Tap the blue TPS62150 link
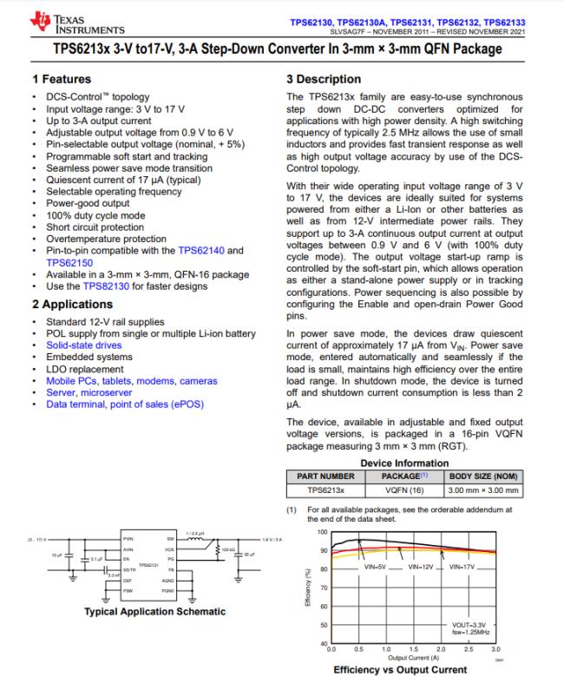click(x=70, y=261)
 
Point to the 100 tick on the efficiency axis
click(x=323, y=531)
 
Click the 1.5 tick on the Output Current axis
click(x=413, y=648)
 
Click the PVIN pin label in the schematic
click(x=128, y=538)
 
